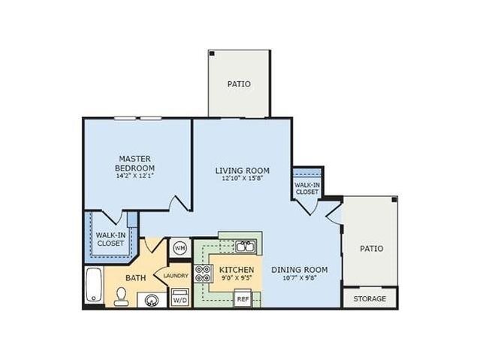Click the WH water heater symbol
180,248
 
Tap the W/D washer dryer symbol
180,297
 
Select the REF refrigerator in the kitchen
243,298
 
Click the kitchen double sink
246,247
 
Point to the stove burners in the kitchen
204,274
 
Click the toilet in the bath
122,296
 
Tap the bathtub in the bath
94,285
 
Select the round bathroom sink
151,301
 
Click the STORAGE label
370,298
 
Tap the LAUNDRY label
176,276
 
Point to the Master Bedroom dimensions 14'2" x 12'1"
134,176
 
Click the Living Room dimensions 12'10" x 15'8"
243,178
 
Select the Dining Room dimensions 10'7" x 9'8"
300,278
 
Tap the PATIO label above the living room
239,84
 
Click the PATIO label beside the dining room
371,249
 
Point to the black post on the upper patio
212,53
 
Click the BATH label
136,278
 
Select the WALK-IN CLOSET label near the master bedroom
110,239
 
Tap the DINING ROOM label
300,270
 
